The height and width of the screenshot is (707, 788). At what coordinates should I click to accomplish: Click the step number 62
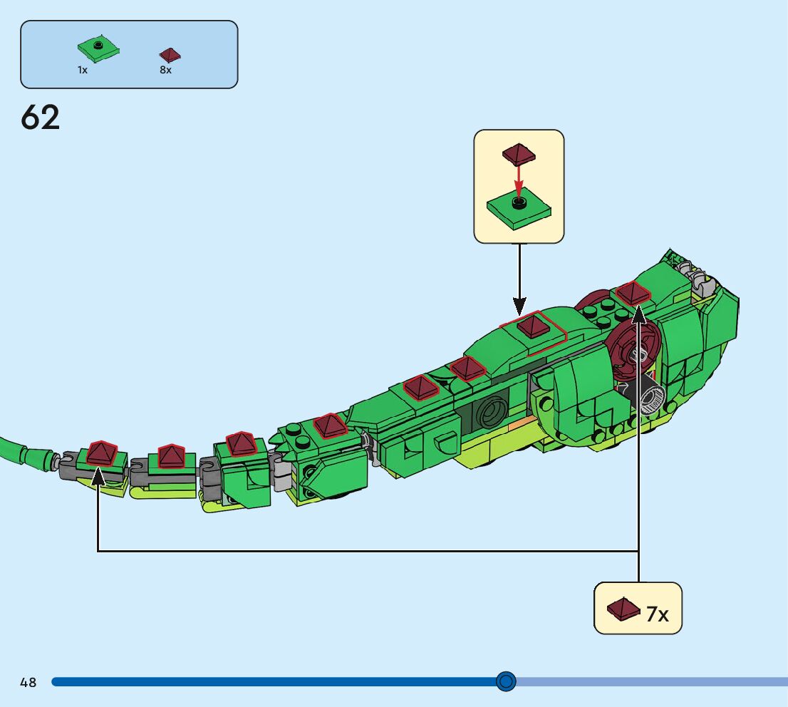coord(41,118)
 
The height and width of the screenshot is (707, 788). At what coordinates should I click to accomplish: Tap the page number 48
coord(28,683)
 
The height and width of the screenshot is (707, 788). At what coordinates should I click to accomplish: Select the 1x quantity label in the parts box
coord(83,71)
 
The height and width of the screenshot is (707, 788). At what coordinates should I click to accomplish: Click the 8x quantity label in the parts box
coord(166,71)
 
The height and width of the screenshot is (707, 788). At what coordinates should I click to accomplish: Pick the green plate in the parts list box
coord(98,49)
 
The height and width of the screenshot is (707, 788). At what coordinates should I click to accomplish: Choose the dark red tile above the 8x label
coord(170,55)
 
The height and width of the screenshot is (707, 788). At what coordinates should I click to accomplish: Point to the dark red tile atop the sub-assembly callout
coord(519,153)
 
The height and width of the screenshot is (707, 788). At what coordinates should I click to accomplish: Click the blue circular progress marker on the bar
coord(506,682)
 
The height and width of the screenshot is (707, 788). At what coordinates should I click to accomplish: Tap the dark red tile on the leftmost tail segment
coord(102,452)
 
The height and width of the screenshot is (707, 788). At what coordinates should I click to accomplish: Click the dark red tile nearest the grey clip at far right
coord(633,291)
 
